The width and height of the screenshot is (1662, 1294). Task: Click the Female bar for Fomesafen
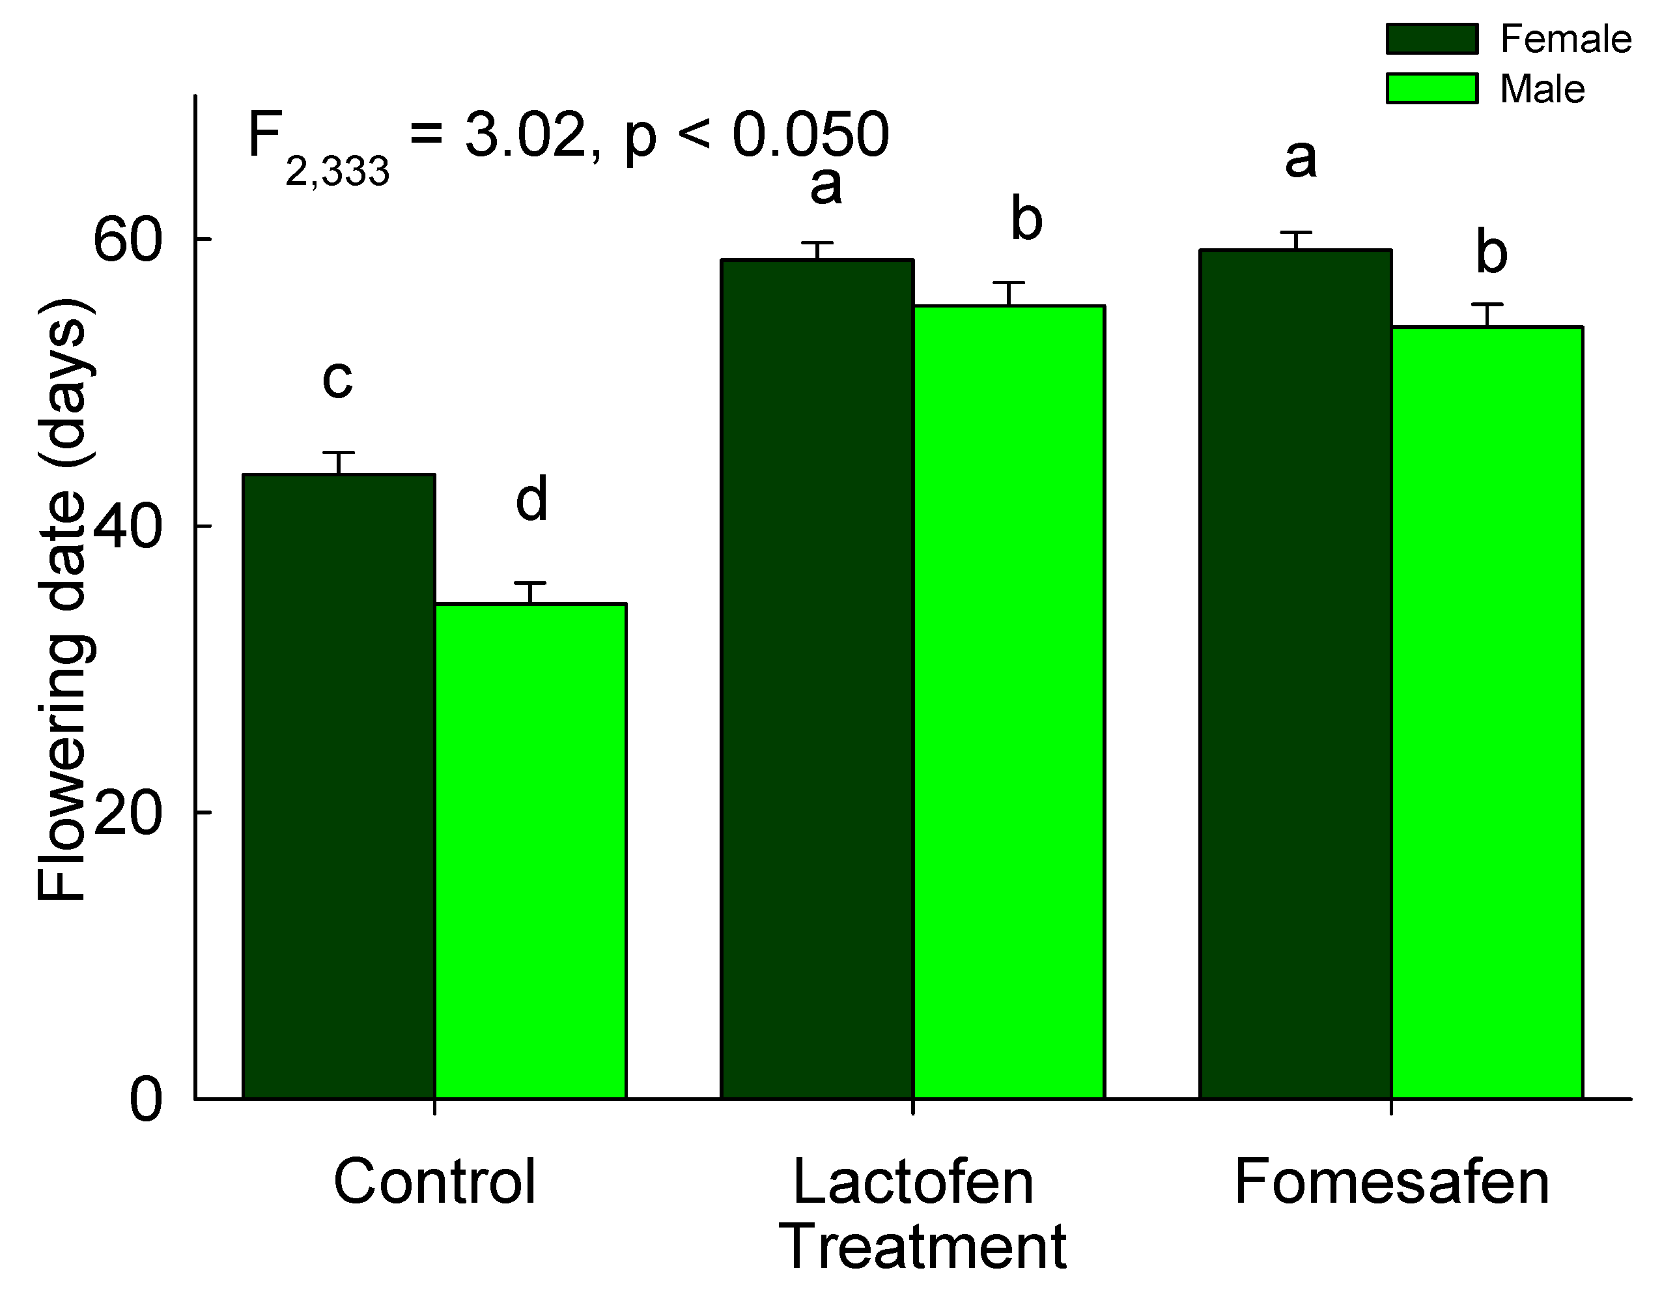point(1296,674)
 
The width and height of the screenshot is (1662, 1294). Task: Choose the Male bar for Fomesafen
point(1487,712)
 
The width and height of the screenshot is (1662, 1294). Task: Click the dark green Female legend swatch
point(1431,39)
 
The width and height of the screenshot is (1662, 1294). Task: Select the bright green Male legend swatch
point(1431,89)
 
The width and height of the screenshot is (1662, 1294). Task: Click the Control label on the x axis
point(434,1182)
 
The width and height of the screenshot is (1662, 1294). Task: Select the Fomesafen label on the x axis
point(1391,1182)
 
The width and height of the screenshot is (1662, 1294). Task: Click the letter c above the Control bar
point(338,379)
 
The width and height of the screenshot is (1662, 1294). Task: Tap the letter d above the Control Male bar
point(531,499)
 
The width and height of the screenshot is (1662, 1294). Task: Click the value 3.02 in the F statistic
point(525,136)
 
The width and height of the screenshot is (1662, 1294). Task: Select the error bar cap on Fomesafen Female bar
point(1296,232)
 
